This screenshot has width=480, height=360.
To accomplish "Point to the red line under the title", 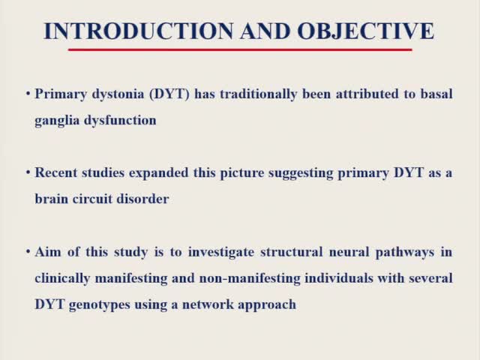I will coord(240,49).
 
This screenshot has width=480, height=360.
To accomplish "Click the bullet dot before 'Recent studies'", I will coord(28,172).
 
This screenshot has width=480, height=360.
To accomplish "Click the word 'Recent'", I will coord(55,172).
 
